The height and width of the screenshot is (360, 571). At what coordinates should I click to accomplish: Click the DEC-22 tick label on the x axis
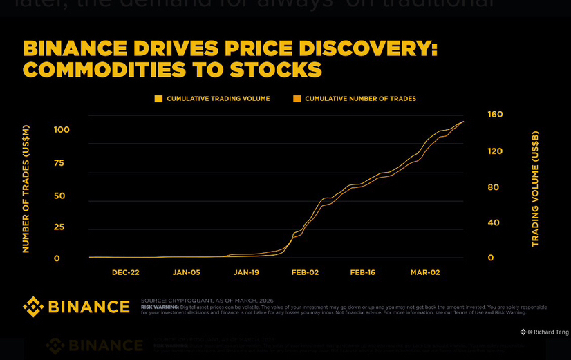pyautogui.click(x=126, y=272)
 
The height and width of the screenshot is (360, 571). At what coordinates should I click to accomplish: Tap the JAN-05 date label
pyautogui.click(x=186, y=272)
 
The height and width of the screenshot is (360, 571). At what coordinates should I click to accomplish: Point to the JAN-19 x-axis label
pyautogui.click(x=246, y=272)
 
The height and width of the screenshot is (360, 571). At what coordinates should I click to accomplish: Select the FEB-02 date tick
pyautogui.click(x=305, y=272)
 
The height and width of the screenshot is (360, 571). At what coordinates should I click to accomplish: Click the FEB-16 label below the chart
pyautogui.click(x=362, y=272)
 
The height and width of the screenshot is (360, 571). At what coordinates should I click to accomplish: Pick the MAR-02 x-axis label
pyautogui.click(x=425, y=272)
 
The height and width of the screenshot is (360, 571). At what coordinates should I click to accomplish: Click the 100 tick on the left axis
pyautogui.click(x=62, y=130)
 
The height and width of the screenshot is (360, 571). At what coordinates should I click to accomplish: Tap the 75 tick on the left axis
pyautogui.click(x=59, y=163)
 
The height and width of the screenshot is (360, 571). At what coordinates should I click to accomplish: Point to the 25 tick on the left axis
pyautogui.click(x=59, y=227)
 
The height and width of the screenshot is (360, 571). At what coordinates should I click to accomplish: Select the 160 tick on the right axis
pyautogui.click(x=495, y=115)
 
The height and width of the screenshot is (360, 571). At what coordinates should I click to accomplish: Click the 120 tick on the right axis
pyautogui.click(x=495, y=151)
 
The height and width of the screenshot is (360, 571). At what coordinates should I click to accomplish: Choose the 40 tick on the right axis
pyautogui.click(x=494, y=222)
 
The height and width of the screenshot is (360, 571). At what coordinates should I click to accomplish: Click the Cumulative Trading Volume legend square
pyautogui.click(x=158, y=99)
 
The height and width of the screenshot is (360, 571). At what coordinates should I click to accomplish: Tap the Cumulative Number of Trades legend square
pyautogui.click(x=297, y=99)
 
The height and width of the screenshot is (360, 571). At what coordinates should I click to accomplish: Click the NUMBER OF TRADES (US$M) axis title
pyautogui.click(x=26, y=189)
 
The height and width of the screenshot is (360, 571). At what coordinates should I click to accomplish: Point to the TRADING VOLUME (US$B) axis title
pyautogui.click(x=535, y=189)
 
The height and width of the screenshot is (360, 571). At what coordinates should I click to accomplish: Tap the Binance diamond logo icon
pyautogui.click(x=33, y=307)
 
